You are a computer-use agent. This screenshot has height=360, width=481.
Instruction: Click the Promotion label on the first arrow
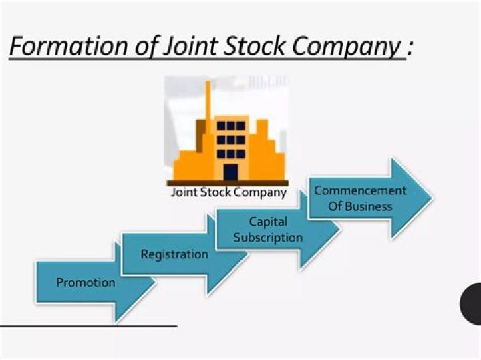86,283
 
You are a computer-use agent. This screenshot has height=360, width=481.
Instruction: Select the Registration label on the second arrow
174,254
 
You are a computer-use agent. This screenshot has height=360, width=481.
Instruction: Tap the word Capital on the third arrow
268,222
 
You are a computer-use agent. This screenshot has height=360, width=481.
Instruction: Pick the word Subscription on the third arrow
268,238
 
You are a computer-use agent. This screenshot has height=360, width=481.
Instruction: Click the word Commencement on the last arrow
360,190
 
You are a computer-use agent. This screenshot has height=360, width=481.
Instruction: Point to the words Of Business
360,206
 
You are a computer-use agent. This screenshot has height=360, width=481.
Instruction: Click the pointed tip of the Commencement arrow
432,198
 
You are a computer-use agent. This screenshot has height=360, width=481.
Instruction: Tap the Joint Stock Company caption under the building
228,192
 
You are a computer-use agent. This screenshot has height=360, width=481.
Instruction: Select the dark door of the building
230,172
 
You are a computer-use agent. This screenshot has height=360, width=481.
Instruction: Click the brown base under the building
227,182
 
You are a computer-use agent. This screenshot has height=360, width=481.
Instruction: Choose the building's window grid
231,139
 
